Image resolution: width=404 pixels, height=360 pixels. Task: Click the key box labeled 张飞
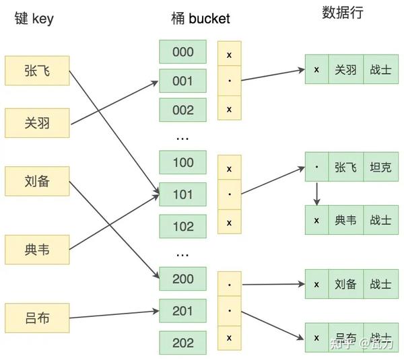click(x=37, y=70)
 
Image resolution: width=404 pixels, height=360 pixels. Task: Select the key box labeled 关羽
click(x=37, y=123)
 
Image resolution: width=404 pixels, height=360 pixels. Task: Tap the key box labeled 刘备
click(x=37, y=181)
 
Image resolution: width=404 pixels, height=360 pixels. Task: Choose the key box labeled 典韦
click(x=37, y=250)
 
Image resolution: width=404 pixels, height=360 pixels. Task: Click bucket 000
click(x=182, y=52)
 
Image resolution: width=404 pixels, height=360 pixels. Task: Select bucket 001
click(x=182, y=81)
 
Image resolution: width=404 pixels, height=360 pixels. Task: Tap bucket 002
click(x=182, y=110)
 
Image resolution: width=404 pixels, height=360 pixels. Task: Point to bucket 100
click(x=182, y=162)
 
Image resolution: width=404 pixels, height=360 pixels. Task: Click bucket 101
click(x=182, y=194)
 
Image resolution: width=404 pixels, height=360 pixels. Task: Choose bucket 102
click(x=182, y=226)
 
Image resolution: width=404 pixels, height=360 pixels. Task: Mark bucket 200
click(x=182, y=279)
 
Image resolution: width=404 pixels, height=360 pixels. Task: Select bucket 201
click(x=182, y=311)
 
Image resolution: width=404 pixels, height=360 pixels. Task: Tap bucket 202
click(x=182, y=343)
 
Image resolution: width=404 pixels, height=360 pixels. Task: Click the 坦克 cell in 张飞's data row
click(x=380, y=167)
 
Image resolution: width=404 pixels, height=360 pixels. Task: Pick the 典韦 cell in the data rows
click(x=345, y=219)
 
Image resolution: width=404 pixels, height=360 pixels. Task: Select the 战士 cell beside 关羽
click(x=380, y=69)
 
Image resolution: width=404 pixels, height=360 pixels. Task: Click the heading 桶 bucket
click(x=200, y=18)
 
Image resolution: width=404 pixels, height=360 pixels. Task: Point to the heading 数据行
click(x=343, y=13)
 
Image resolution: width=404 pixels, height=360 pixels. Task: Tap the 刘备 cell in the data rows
click(x=345, y=284)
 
